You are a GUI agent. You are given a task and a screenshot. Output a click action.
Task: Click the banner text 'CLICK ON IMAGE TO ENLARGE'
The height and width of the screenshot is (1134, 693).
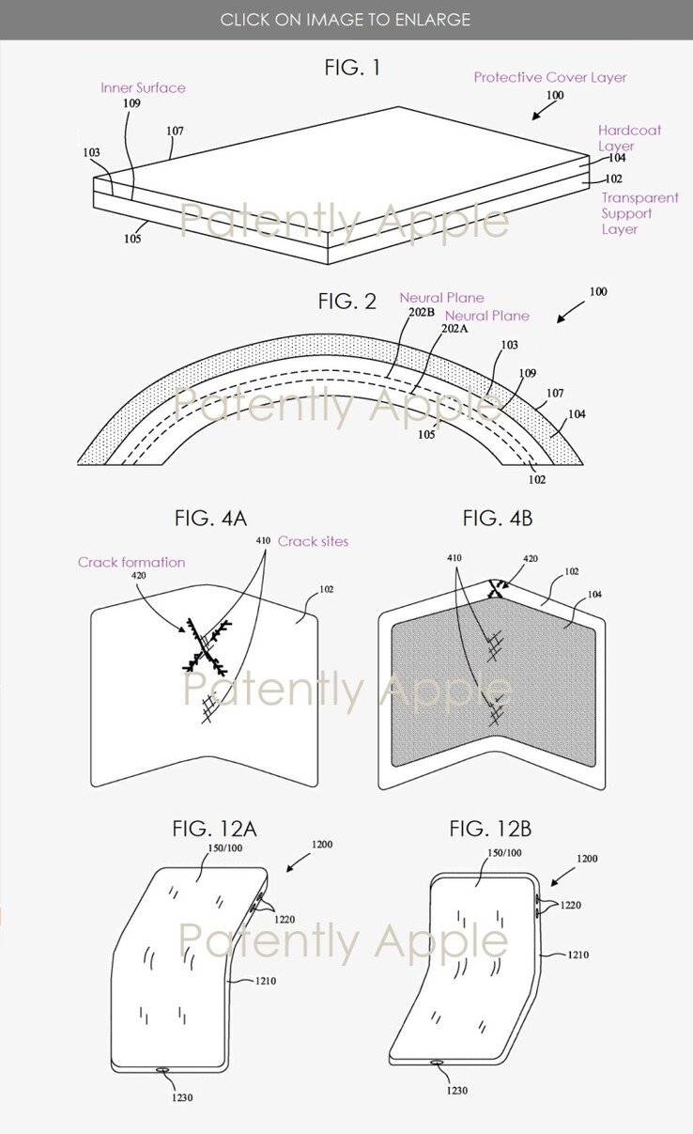point(346,19)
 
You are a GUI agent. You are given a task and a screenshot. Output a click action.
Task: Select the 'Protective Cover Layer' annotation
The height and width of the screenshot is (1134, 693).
point(549,77)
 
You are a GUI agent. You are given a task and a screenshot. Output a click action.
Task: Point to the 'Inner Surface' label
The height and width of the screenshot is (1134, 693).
point(143,87)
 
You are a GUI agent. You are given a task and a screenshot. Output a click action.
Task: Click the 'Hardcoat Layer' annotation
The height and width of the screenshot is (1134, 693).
point(629,137)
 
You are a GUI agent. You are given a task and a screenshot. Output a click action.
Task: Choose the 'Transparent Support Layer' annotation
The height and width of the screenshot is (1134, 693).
point(639,213)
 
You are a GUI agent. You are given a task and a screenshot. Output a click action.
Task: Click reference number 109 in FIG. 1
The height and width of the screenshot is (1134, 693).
point(131,104)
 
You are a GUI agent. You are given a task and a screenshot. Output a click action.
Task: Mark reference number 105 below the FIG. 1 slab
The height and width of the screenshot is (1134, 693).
point(132,239)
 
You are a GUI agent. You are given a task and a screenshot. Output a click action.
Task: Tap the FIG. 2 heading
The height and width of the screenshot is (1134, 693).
point(346,301)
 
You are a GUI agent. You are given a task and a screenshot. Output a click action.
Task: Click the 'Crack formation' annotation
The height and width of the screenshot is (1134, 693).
point(131,562)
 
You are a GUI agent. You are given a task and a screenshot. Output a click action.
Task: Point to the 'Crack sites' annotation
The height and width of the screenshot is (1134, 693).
point(313,541)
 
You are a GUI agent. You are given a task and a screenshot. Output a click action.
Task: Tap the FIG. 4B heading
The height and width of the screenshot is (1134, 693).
point(497,518)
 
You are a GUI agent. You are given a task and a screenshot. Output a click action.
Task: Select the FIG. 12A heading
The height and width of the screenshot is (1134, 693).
point(214,829)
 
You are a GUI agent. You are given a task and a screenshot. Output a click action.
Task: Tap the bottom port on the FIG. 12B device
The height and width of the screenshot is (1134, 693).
point(438,1063)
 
